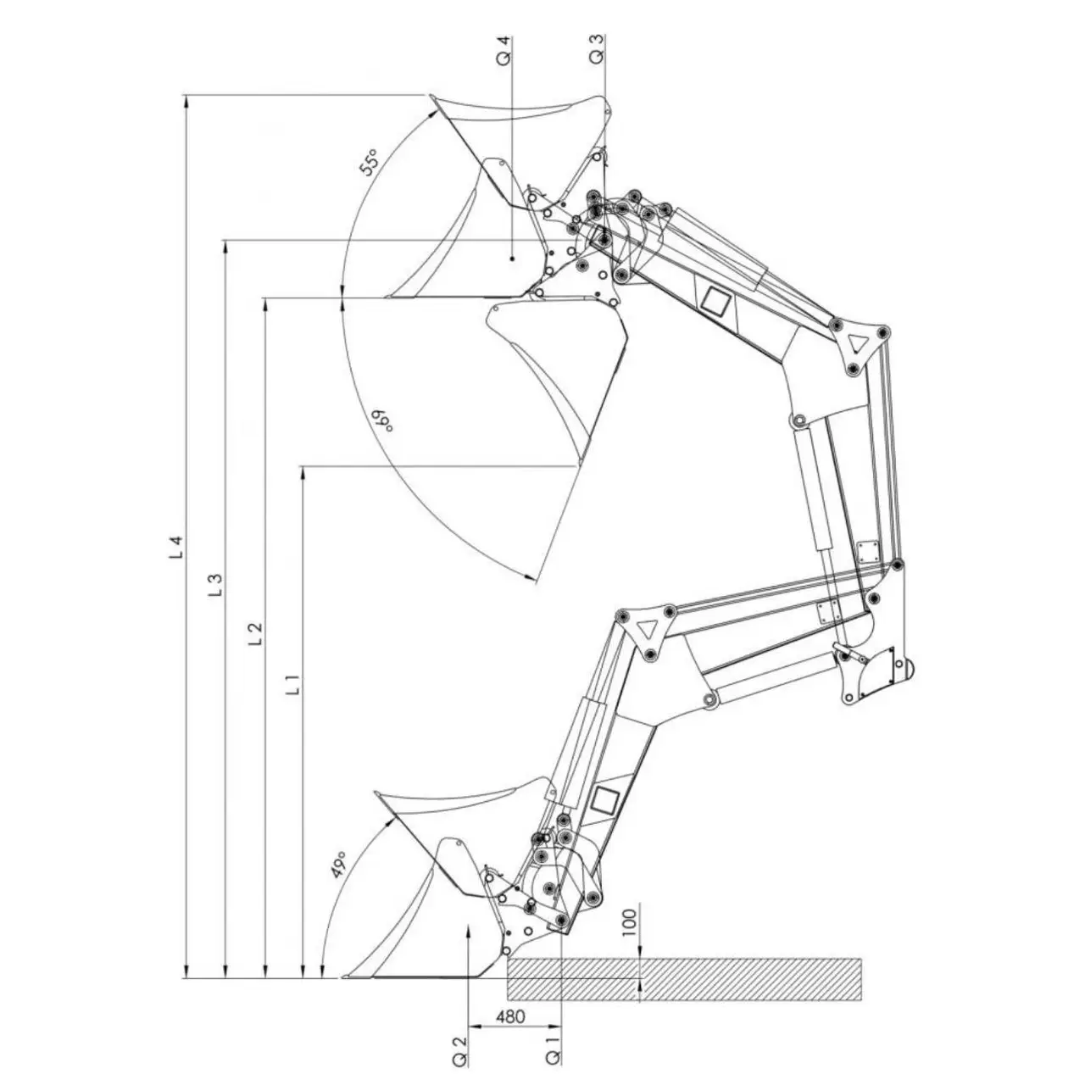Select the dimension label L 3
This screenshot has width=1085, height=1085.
click(215, 585)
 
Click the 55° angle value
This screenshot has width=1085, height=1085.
click(369, 163)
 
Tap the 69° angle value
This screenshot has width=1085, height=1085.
click(381, 420)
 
